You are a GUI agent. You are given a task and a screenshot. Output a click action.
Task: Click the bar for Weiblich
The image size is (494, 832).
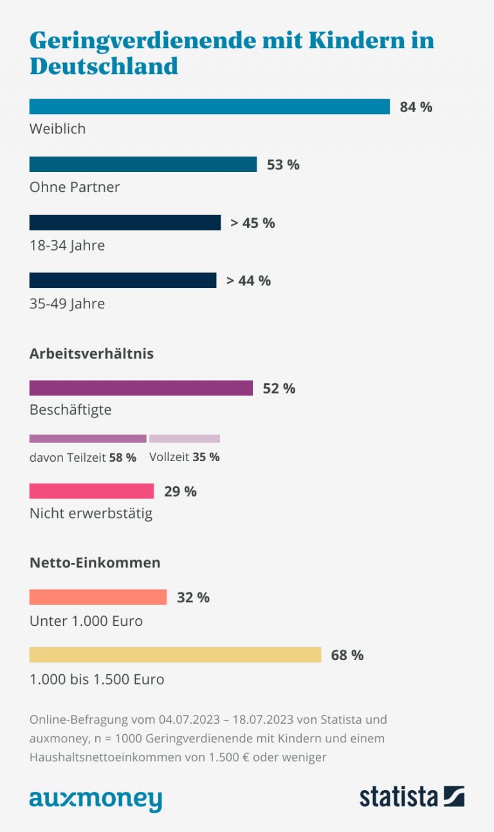coord(209,106)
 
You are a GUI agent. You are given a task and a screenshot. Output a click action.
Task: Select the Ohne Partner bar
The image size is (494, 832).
coord(143,164)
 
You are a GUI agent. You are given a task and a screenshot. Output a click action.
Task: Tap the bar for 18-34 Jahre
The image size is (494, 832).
coord(125,223)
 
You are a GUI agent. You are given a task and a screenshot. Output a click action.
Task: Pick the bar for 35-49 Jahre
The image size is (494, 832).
coord(123,280)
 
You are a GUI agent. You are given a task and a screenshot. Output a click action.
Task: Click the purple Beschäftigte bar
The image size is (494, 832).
coord(141,388)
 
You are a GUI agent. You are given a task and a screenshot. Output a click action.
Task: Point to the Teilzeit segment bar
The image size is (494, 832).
coord(87,439)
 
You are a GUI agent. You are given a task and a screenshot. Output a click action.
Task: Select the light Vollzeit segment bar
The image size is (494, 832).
coord(185,439)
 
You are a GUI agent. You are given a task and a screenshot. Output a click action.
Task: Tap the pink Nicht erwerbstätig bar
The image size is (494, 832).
coord(91,491)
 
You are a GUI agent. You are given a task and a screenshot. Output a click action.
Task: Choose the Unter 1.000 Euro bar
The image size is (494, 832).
coord(98,597)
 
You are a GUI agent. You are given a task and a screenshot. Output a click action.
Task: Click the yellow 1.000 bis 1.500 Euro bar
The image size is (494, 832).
coord(175,655)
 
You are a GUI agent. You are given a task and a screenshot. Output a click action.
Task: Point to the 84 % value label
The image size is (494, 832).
coord(416,107)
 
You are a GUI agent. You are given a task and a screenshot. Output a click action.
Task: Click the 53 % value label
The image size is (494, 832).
coord(283,165)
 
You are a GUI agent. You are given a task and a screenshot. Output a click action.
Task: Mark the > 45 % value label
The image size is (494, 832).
coord(252,223)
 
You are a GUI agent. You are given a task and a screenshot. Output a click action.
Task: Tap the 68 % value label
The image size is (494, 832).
coord(347,656)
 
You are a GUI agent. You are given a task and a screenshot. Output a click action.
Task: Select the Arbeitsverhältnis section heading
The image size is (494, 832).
coord(91,354)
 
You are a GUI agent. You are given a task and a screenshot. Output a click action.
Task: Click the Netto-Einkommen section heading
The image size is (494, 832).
coord(95,562)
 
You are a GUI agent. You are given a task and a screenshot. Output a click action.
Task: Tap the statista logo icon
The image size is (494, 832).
coord(453,796)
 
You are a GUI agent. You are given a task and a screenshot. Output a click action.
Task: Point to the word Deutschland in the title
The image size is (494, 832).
coord(104,66)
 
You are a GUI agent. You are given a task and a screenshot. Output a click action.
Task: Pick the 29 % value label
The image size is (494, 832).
coord(180,491)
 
